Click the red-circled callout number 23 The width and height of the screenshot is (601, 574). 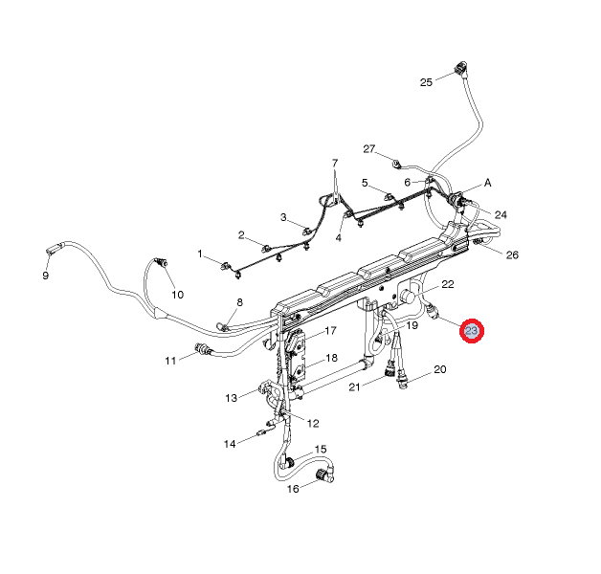(x=472, y=332)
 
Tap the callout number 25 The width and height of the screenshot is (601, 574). (x=427, y=82)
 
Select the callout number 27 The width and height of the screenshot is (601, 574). (x=369, y=149)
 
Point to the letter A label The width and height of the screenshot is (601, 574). (x=487, y=183)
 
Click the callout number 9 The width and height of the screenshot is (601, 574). (x=45, y=276)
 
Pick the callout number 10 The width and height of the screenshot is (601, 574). (x=177, y=294)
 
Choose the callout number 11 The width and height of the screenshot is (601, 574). (x=170, y=361)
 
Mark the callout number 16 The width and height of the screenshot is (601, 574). (x=294, y=488)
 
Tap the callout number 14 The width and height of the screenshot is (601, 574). (x=230, y=444)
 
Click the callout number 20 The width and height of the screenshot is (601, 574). (x=439, y=369)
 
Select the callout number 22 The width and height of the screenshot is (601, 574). (x=447, y=285)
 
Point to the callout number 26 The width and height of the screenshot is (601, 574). (x=511, y=255)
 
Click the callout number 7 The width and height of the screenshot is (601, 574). (x=336, y=163)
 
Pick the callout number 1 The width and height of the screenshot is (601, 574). (x=201, y=254)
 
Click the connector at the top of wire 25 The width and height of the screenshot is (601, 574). (x=464, y=68)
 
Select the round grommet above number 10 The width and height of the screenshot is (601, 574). (x=161, y=261)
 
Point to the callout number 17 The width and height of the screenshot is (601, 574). (x=330, y=332)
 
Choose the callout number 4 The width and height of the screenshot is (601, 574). (x=338, y=238)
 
